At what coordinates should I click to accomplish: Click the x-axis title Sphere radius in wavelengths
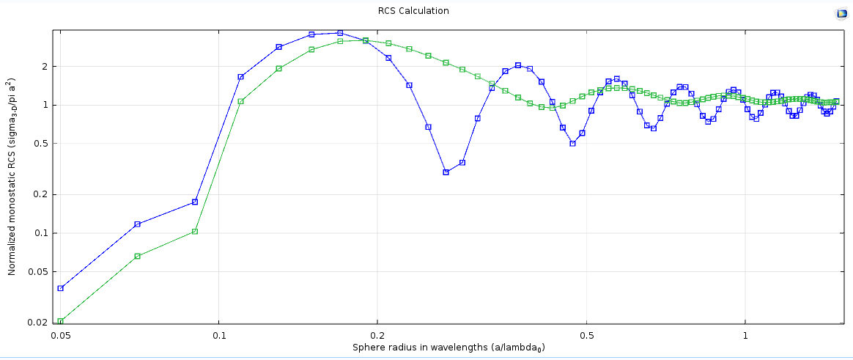[x=448, y=348]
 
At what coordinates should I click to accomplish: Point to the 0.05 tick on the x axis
[x=61, y=335]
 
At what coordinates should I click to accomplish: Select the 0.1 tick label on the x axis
[x=218, y=335]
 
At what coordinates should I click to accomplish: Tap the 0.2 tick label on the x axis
[x=377, y=335]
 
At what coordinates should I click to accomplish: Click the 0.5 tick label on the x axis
[x=586, y=335]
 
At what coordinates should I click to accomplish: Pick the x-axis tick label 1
[x=745, y=335]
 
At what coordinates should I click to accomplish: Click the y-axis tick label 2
[x=44, y=67]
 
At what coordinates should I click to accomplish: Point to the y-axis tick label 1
[x=44, y=105]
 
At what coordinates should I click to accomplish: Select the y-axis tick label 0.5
[x=41, y=144]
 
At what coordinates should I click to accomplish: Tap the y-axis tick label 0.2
[x=41, y=194]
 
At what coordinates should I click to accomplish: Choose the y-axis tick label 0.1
[x=41, y=233]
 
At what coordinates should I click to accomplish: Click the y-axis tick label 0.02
[x=39, y=322]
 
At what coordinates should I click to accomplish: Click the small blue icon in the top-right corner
[x=841, y=13]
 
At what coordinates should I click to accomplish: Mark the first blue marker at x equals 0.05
[x=61, y=288]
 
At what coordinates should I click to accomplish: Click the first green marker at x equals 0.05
[x=61, y=321]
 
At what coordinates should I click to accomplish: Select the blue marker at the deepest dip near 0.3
[x=446, y=172]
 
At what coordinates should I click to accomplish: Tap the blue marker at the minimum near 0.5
[x=572, y=144]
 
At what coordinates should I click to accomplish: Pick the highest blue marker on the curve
[x=340, y=33]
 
